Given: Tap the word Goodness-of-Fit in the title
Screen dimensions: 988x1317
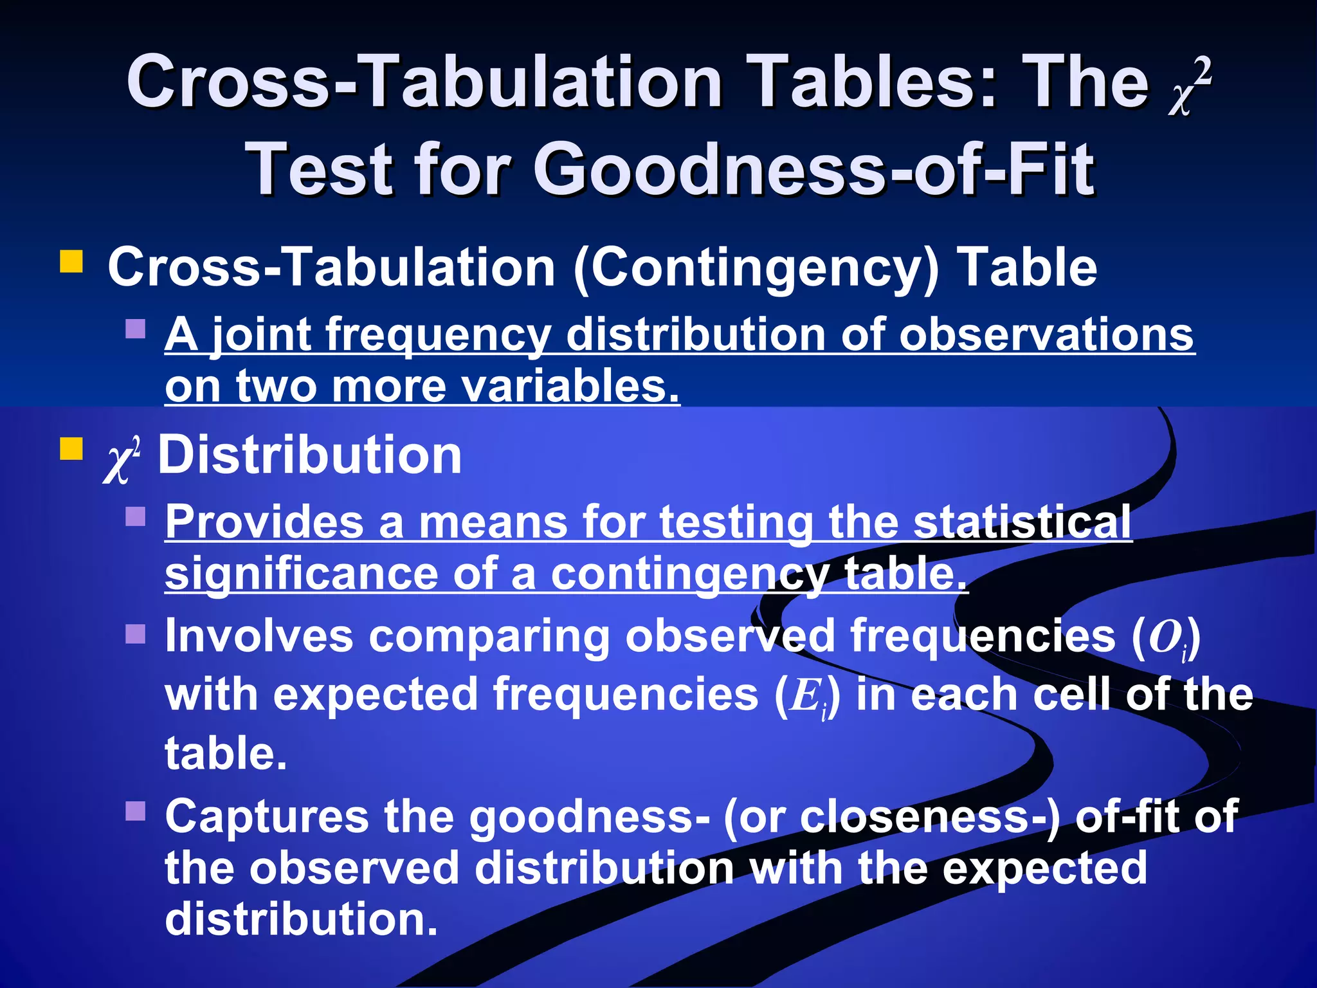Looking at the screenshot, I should tap(814, 169).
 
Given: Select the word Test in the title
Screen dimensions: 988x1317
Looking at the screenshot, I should tap(319, 169).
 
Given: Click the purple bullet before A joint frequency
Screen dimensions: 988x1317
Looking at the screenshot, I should tap(136, 329).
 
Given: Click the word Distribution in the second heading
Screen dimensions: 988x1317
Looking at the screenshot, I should tap(310, 455).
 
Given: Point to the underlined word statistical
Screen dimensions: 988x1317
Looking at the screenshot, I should tap(1022, 522).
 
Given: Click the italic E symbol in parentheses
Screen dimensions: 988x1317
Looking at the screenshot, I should tap(805, 696).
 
